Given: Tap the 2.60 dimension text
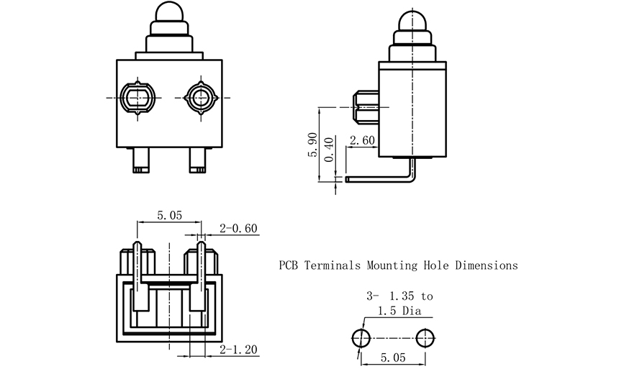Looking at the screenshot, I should click(x=361, y=141).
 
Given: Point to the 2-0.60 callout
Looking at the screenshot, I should click(x=239, y=229).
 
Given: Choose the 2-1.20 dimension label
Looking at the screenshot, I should click(x=239, y=350).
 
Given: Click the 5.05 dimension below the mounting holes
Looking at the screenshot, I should click(x=393, y=357).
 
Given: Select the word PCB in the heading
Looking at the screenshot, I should click(x=289, y=265).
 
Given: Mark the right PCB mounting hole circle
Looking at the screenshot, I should click(x=425, y=338).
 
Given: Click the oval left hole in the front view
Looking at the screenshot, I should click(x=137, y=97).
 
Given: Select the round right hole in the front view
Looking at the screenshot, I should click(x=199, y=97).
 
